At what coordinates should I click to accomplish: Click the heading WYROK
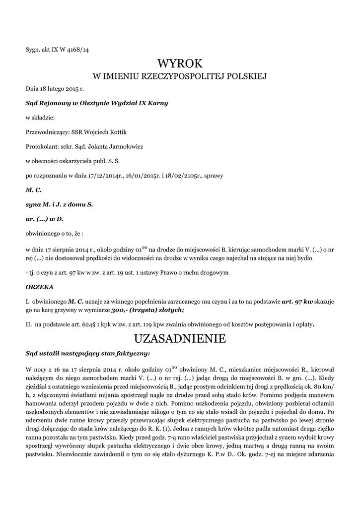180,63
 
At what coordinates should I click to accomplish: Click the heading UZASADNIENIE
180,339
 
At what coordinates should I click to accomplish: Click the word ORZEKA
39,287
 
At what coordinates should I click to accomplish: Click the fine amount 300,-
120,310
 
